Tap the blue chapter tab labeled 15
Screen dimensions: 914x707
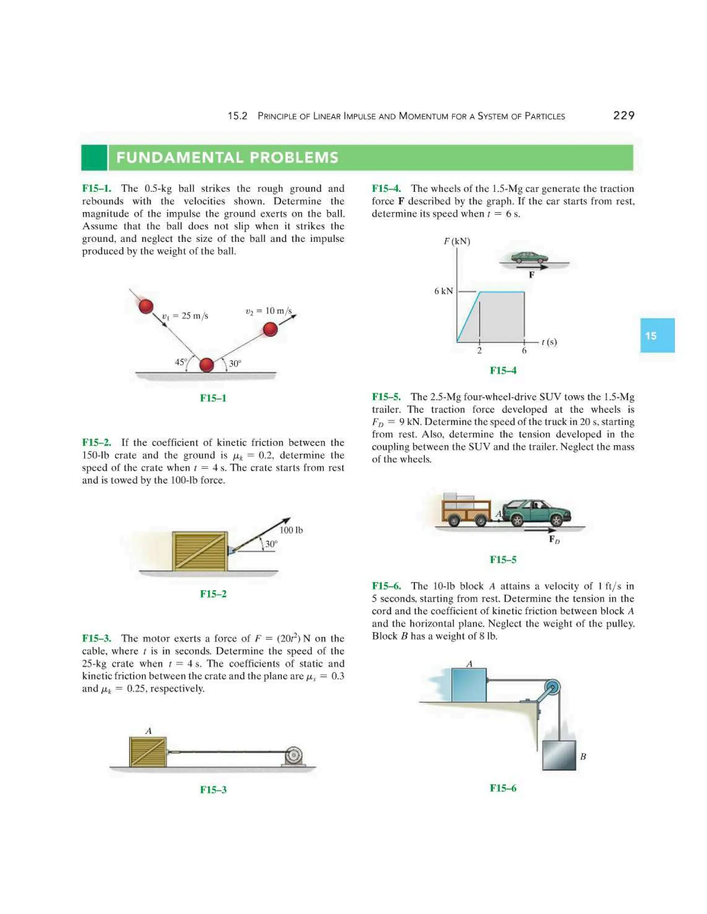(657, 335)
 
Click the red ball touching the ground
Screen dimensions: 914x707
(206, 365)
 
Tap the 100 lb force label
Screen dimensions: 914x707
(291, 530)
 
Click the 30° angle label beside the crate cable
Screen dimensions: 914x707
(271, 544)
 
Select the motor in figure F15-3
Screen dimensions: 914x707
(294, 756)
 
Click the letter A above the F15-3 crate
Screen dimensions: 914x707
(148, 731)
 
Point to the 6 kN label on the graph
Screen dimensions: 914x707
(443, 291)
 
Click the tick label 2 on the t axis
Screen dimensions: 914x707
(479, 351)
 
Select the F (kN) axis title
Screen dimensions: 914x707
(457, 241)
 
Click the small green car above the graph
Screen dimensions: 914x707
(530, 257)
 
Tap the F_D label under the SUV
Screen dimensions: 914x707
(554, 539)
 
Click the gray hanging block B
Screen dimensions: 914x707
(559, 755)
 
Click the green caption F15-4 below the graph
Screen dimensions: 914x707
(503, 370)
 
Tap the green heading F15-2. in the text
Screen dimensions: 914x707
(97, 443)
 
